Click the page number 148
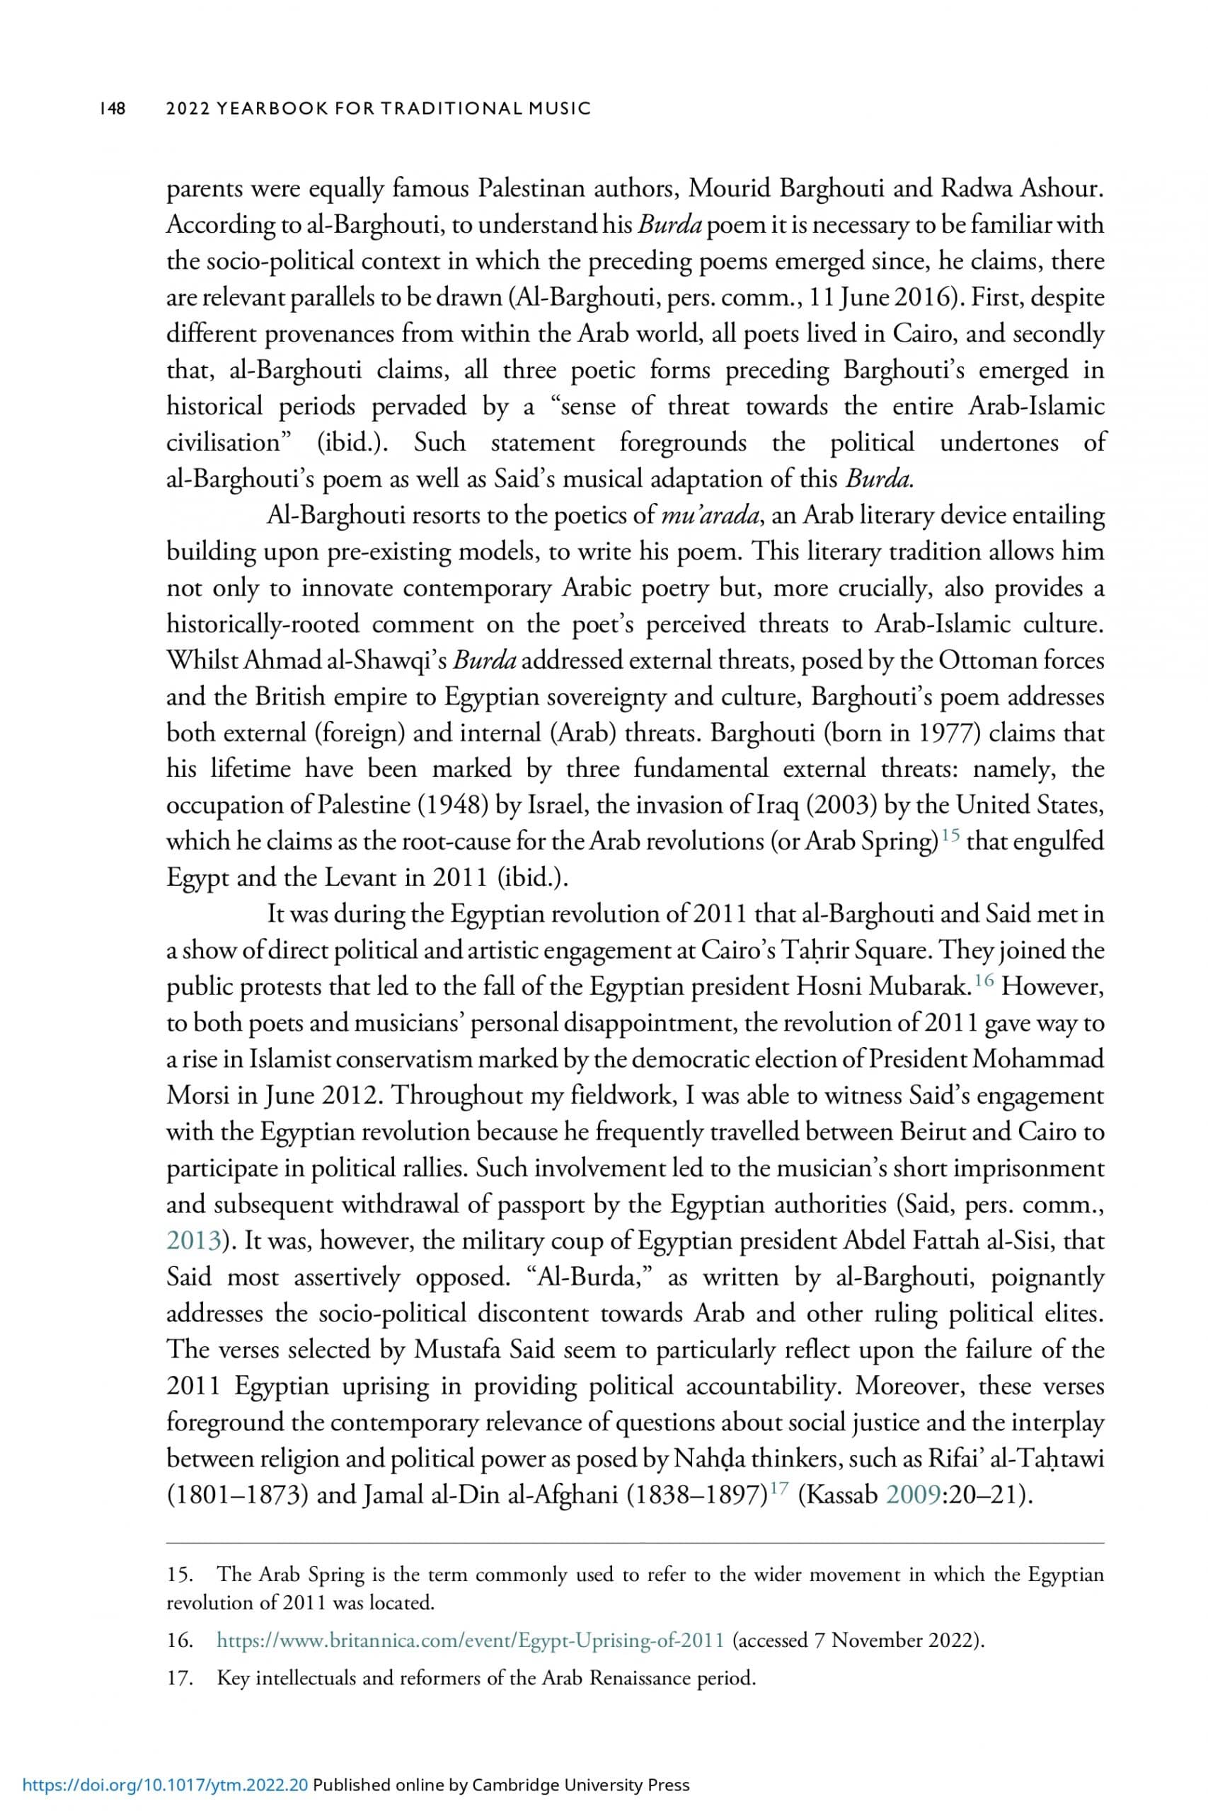pos(113,108)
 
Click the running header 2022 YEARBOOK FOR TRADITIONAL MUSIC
pos(379,108)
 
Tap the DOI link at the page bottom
pos(166,1785)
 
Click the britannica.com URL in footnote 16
pos(470,1640)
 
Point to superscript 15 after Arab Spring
pos(949,835)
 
